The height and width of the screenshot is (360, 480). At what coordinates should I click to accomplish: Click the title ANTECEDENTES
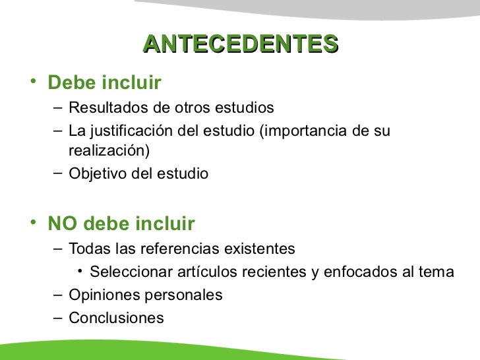pos(240,44)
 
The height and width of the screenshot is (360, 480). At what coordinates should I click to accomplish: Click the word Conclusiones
pos(116,318)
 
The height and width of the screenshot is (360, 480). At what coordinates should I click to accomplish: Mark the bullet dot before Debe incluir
pos(33,82)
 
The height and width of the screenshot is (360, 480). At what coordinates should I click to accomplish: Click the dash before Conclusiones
pos(57,317)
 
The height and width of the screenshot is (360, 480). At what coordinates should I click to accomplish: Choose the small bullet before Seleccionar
pos(79,271)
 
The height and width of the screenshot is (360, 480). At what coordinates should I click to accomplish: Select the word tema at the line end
pos(439,272)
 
